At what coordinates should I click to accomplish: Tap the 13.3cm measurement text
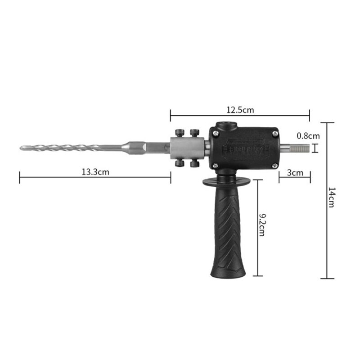(94, 172)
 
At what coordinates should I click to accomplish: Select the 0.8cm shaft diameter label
(308, 135)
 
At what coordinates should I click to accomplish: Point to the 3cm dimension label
(294, 172)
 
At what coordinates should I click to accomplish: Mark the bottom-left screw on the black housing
(216, 165)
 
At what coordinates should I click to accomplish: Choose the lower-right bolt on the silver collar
(195, 164)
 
